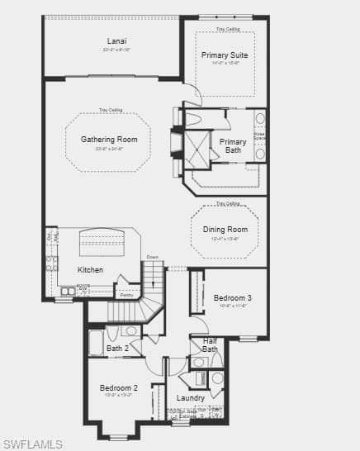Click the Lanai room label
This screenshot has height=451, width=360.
[116, 40]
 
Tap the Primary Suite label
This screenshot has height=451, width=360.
[225, 55]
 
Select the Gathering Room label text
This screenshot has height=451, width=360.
[109, 140]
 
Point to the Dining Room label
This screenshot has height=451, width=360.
[225, 230]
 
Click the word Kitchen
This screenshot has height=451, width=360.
[91, 270]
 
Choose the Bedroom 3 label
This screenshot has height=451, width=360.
[232, 298]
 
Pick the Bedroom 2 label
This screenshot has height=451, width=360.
[119, 387]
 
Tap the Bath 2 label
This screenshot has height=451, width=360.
[118, 349]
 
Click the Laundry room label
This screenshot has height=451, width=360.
[191, 398]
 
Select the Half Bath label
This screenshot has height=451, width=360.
[210, 345]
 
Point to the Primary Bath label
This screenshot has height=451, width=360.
[233, 145]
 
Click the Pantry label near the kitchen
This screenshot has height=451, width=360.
[126, 294]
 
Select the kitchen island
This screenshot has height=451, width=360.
[102, 244]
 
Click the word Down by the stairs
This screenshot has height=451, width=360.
[152, 258]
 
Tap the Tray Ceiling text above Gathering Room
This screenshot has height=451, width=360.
[111, 110]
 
